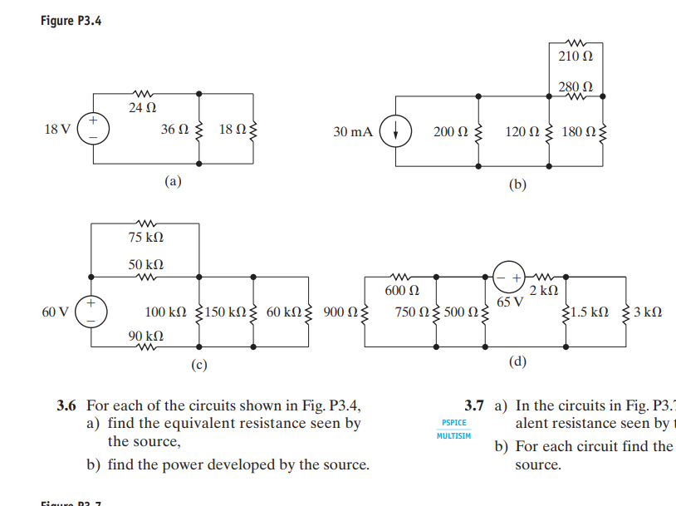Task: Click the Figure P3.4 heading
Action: (x=70, y=21)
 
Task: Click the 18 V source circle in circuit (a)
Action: (x=91, y=130)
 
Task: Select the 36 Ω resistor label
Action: (x=176, y=130)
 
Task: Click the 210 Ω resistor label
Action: (x=576, y=57)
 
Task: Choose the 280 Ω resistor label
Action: (x=576, y=86)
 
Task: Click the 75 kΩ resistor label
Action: (x=145, y=238)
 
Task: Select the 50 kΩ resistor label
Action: (x=145, y=263)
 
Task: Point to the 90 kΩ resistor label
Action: (x=145, y=336)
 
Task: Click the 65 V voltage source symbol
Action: (x=508, y=275)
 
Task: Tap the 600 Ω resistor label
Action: (x=401, y=291)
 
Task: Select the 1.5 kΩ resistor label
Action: (x=590, y=312)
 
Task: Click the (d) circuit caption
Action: (x=517, y=361)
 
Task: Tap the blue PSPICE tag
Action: (x=453, y=423)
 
